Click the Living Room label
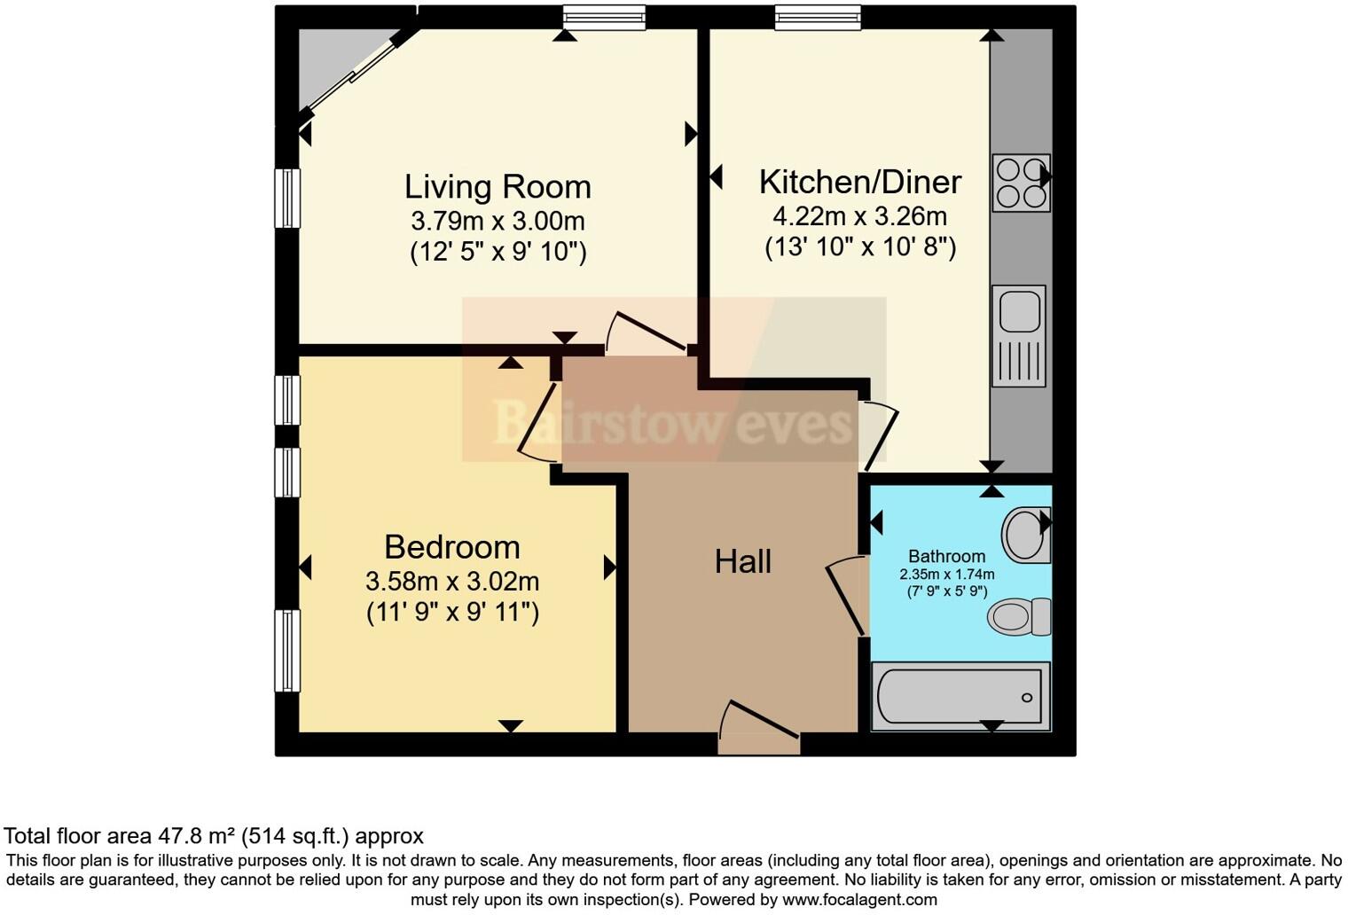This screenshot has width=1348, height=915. click(498, 187)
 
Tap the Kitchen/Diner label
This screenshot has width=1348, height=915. click(859, 182)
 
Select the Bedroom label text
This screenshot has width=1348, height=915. click(451, 547)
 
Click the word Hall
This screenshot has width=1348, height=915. click(742, 561)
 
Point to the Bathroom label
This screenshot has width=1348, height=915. click(946, 556)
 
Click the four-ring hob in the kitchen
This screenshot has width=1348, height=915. click(1021, 184)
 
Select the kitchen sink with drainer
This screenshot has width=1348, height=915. click(1019, 335)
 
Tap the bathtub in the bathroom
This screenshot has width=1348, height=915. click(960, 696)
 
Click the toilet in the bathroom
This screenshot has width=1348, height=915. click(1019, 616)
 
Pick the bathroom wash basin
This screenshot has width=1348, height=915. click(1026, 535)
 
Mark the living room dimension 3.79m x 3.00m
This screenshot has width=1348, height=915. click(498, 220)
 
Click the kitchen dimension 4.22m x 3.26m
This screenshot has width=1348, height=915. click(859, 215)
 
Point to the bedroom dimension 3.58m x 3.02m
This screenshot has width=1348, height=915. click(451, 582)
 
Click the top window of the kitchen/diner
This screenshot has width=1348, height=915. click(817, 17)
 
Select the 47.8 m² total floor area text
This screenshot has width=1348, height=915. click(213, 835)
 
